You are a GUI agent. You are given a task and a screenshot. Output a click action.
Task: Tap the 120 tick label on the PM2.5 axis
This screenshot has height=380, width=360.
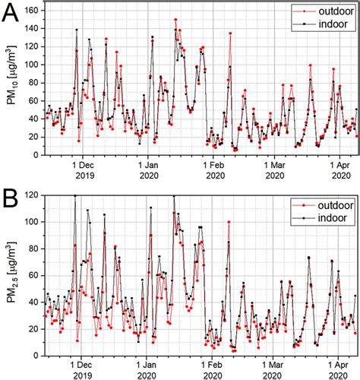pos(33,195)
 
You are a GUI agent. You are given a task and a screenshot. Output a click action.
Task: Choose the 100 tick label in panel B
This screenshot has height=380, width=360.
pos(33,223)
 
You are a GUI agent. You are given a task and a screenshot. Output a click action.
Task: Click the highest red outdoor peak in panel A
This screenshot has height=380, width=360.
pos(175,20)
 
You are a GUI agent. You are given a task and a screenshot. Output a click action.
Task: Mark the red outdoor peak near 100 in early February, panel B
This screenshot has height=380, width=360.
pos(229,222)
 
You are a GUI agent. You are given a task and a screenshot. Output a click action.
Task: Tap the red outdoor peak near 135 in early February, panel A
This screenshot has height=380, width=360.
pos(229,33)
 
